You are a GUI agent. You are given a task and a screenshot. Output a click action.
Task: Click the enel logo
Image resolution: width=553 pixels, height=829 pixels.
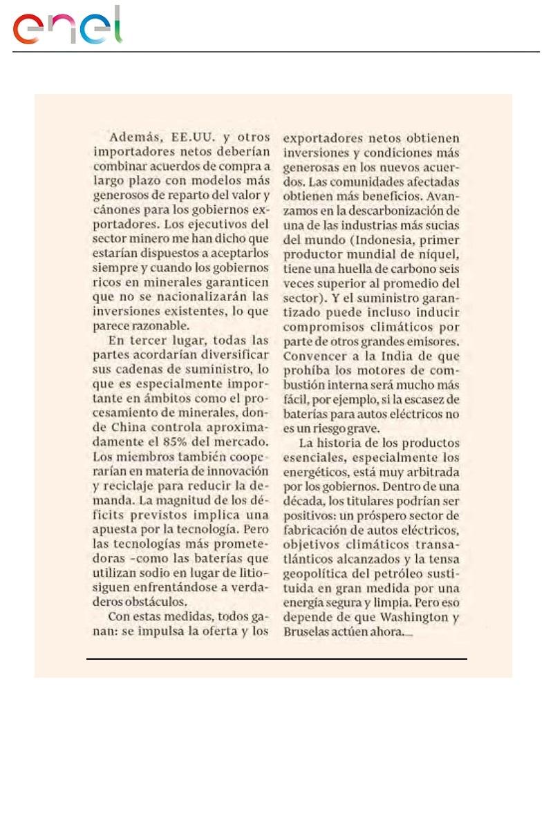pyautogui.click(x=67, y=27)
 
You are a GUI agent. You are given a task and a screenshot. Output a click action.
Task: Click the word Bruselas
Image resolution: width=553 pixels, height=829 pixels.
pyautogui.click(x=307, y=633)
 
